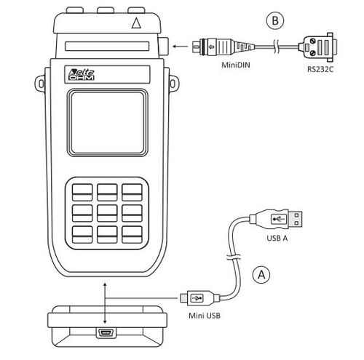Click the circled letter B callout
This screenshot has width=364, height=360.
point(275,20)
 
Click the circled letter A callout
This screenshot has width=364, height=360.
point(261,275)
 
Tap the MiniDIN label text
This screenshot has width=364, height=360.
point(236,65)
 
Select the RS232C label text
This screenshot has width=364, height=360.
point(320,69)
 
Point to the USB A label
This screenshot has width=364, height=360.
point(277,238)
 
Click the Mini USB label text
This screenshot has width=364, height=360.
point(205,316)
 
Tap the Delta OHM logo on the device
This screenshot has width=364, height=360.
point(81,75)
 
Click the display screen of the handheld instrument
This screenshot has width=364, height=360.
point(108,123)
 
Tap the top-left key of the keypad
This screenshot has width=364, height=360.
point(82,192)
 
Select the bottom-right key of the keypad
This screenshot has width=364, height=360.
point(132,234)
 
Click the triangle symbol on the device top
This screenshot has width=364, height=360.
point(136,23)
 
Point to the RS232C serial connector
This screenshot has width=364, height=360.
point(318,47)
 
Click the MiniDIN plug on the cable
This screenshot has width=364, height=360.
point(223,47)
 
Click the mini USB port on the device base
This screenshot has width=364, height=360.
point(106,333)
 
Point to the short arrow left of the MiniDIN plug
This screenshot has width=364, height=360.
point(180,47)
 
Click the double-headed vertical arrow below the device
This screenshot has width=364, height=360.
point(105,303)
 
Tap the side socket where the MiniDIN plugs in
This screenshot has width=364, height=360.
point(163,46)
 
